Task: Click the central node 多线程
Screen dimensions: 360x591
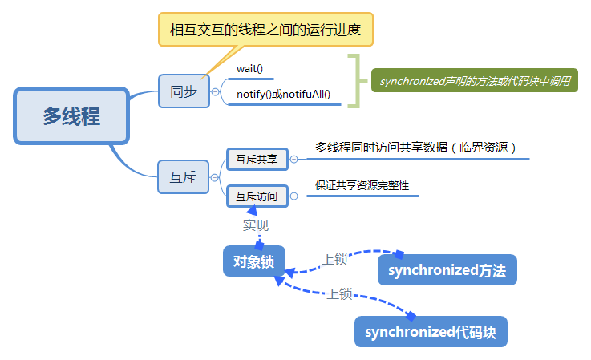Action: pyautogui.click(x=71, y=115)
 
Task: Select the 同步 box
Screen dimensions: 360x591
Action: pyautogui.click(x=183, y=91)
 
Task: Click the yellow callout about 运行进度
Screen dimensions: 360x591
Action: pyautogui.click(x=265, y=30)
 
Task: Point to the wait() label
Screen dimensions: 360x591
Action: pyautogui.click(x=250, y=68)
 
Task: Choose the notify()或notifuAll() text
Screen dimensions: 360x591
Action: pyautogui.click(x=284, y=95)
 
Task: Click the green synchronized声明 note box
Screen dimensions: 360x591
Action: pyautogui.click(x=474, y=82)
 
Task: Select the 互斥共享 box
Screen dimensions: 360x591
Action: pyautogui.click(x=257, y=160)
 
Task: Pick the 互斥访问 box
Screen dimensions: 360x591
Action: pyautogui.click(x=257, y=195)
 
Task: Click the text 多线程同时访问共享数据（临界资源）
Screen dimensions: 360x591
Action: pyautogui.click(x=414, y=148)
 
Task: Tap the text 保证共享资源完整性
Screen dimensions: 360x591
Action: pyautogui.click(x=362, y=184)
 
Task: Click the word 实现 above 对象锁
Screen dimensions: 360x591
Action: pyautogui.click(x=257, y=225)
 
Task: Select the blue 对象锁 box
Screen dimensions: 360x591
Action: pyautogui.click(x=253, y=261)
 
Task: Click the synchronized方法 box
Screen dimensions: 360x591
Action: pyautogui.click(x=447, y=270)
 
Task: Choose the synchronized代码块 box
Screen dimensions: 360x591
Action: pyautogui.click(x=431, y=332)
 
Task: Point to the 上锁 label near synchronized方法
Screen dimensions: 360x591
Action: pyautogui.click(x=334, y=260)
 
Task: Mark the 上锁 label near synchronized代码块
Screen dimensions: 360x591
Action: pyautogui.click(x=339, y=293)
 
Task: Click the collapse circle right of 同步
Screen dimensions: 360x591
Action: pyautogui.click(x=214, y=91)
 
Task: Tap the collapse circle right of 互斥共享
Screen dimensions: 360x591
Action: pyautogui.click(x=293, y=160)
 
